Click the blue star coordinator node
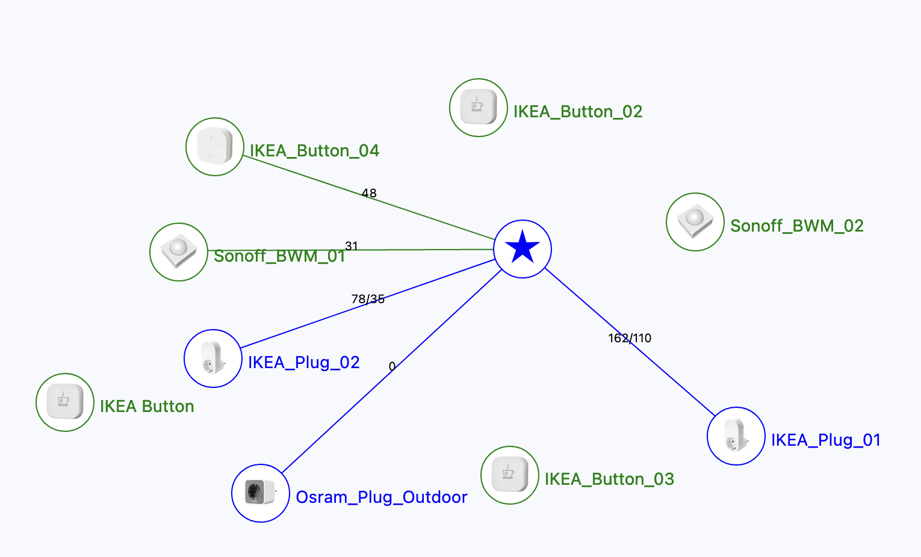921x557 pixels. click(x=523, y=248)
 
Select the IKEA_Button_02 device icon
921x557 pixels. click(x=478, y=108)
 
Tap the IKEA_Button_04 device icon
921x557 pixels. click(x=215, y=147)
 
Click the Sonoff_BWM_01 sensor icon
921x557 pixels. click(x=179, y=252)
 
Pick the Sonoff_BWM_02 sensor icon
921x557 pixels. click(x=695, y=222)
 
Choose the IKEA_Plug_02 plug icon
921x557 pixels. click(x=213, y=359)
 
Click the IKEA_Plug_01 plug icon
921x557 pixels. click(x=736, y=436)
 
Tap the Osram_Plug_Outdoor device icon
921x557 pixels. click(x=261, y=493)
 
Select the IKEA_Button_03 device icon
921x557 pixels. click(x=509, y=475)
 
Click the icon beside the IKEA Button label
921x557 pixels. click(x=65, y=402)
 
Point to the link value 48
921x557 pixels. click(x=369, y=193)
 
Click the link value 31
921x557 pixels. click(x=352, y=245)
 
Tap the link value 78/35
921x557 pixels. click(x=368, y=299)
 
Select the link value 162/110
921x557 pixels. click(x=630, y=338)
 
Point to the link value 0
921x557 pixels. click(x=392, y=366)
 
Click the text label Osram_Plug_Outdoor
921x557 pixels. click(x=382, y=497)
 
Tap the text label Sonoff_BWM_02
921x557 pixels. click(x=796, y=226)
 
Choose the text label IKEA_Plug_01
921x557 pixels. click(x=826, y=440)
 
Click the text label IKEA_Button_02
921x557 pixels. click(x=578, y=112)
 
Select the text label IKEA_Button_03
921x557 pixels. click(x=609, y=479)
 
